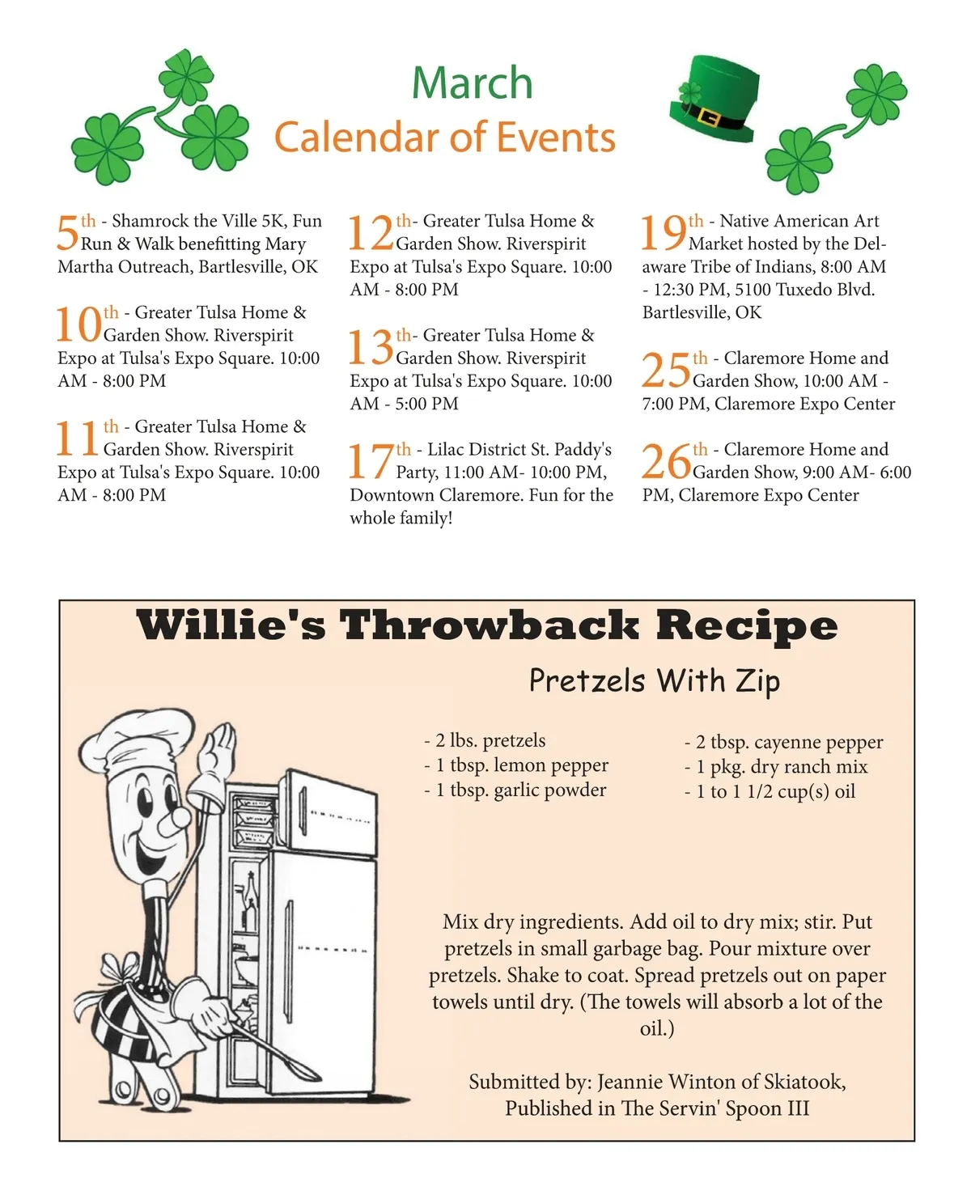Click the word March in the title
[472, 83]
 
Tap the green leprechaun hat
[713, 99]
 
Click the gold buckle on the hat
[709, 117]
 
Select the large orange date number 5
[67, 233]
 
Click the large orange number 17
[371, 461]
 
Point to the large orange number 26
[666, 461]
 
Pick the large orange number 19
[664, 232]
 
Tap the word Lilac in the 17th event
[445, 449]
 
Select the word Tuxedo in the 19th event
[804, 290]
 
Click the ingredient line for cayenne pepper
[783, 742]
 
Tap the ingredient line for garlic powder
[515, 789]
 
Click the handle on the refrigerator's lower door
[290, 962]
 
